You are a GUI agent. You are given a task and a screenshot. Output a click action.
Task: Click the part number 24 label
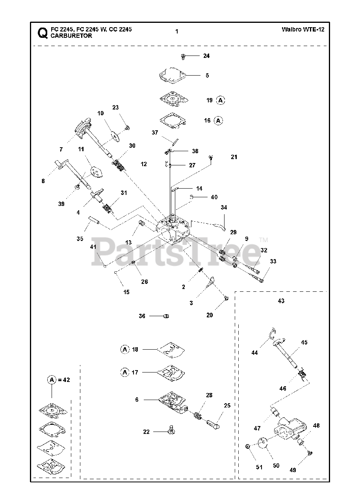point(206,56)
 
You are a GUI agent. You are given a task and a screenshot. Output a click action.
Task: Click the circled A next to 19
point(221,100)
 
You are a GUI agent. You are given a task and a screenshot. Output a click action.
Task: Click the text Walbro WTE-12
point(303,30)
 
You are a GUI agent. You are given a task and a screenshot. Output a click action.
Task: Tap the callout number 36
point(142,316)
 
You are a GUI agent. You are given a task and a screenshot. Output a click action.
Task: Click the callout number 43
point(281,301)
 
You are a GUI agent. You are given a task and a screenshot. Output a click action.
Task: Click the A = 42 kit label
point(59,380)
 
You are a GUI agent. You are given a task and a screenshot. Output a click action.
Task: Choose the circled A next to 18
point(124,349)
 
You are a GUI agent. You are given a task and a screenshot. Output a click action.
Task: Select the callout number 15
point(126,292)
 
